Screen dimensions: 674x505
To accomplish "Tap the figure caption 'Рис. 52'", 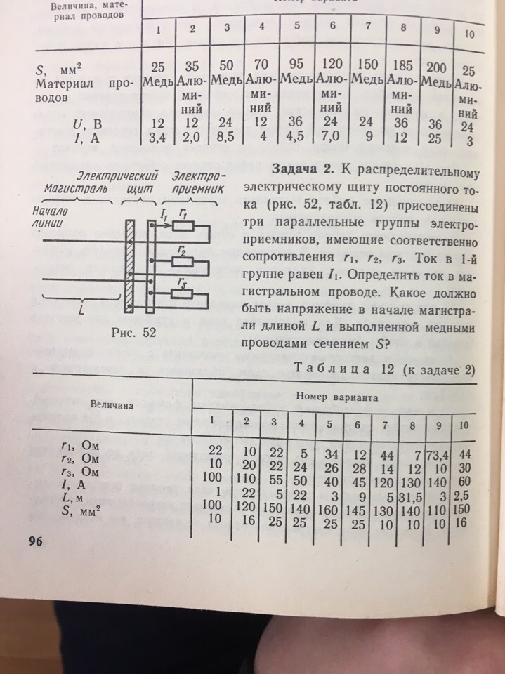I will coord(133,332).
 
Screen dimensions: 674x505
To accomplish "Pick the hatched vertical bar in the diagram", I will coord(129,267).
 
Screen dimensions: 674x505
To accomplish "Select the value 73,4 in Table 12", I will coord(440,454).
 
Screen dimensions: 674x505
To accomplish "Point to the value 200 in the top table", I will coord(435,69).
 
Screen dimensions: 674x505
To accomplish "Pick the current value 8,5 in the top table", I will coord(226,138).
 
